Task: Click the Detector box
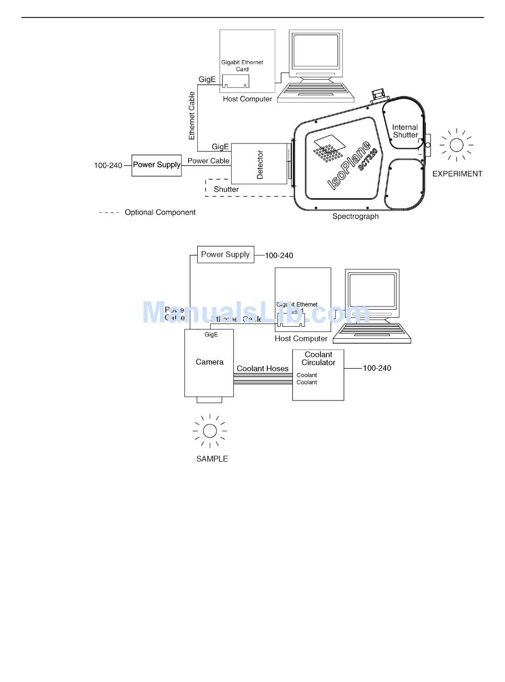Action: click(259, 164)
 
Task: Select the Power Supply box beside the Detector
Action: click(157, 165)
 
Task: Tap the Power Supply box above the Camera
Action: click(225, 254)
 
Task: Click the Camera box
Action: click(209, 363)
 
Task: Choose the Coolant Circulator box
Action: click(318, 374)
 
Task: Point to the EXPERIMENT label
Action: click(457, 174)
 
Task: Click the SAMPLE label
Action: click(212, 459)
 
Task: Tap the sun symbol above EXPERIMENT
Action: click(456, 144)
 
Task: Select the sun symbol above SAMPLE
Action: click(210, 431)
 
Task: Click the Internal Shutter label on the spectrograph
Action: click(405, 131)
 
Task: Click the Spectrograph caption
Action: click(355, 217)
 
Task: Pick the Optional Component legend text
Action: click(160, 212)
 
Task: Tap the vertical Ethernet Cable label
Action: click(192, 116)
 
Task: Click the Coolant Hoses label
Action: click(263, 369)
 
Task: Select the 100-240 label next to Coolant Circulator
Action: click(377, 368)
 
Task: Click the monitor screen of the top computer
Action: click(316, 51)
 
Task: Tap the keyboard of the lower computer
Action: click(372, 333)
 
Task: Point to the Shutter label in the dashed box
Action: click(226, 189)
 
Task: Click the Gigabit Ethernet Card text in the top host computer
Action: click(242, 66)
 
